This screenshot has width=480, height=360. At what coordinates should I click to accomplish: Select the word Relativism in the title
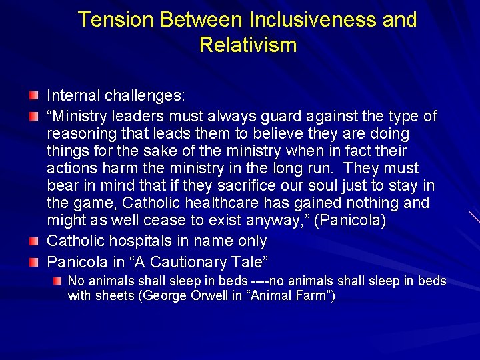(x=247, y=45)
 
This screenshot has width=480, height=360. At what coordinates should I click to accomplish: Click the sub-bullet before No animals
(x=60, y=281)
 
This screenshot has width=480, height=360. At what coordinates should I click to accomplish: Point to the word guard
(x=276, y=117)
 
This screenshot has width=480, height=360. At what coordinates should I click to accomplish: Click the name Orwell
(x=205, y=295)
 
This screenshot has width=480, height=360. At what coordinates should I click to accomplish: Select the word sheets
(x=114, y=295)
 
